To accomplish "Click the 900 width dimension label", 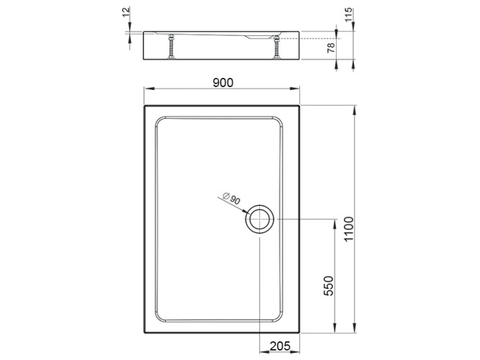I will coord(222,83).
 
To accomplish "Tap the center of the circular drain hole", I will coord(258,220).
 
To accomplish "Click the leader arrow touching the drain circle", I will coord(247,212).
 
